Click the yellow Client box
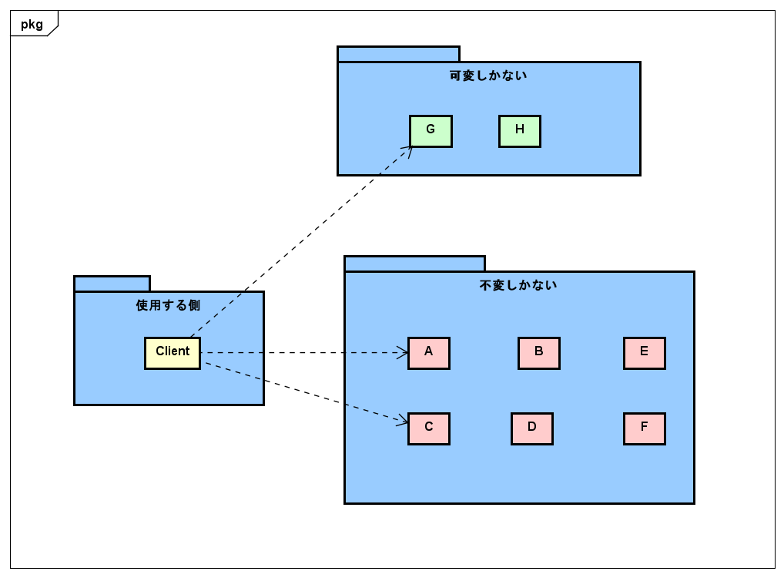(x=173, y=353)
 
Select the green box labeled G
(x=431, y=131)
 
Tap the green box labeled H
(x=520, y=131)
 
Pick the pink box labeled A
(x=429, y=353)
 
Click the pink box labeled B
(x=539, y=353)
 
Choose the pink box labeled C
(x=429, y=428)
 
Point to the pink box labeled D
(x=532, y=428)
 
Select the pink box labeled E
(x=645, y=353)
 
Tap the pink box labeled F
(x=645, y=428)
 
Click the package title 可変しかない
(x=488, y=76)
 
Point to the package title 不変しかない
(x=518, y=285)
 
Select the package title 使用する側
(x=168, y=305)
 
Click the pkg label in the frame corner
(x=32, y=24)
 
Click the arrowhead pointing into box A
(x=403, y=353)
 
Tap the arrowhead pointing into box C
(x=403, y=421)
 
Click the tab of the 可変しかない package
(x=398, y=54)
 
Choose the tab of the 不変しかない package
(x=414, y=264)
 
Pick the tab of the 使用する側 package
(x=112, y=284)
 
